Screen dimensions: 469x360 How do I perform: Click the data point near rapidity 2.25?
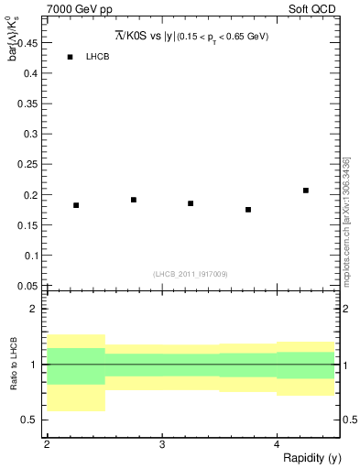[x=76, y=205]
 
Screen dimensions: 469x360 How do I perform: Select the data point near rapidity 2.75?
[x=134, y=200]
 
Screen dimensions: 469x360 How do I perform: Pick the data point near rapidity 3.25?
[x=191, y=203]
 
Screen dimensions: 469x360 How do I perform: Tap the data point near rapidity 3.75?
[x=248, y=210]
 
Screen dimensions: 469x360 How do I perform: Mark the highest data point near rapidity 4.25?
[x=306, y=191]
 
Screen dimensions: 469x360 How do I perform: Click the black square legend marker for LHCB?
[x=70, y=57]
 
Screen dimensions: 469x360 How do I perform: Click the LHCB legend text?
[x=98, y=57]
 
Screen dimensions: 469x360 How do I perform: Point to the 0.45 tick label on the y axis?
[x=27, y=41]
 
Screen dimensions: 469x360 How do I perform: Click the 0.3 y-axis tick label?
[x=31, y=133]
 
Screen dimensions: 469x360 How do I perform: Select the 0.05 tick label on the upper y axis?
[x=27, y=286]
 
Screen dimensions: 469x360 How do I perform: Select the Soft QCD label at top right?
[x=313, y=8]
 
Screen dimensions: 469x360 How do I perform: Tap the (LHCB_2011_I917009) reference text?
[x=191, y=274]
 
